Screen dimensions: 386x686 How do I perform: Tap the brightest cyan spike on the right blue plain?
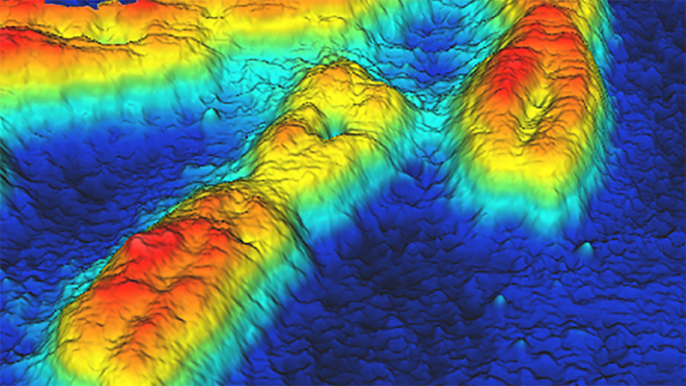(x=586, y=249)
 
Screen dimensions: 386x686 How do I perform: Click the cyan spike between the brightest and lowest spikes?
(x=498, y=300)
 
